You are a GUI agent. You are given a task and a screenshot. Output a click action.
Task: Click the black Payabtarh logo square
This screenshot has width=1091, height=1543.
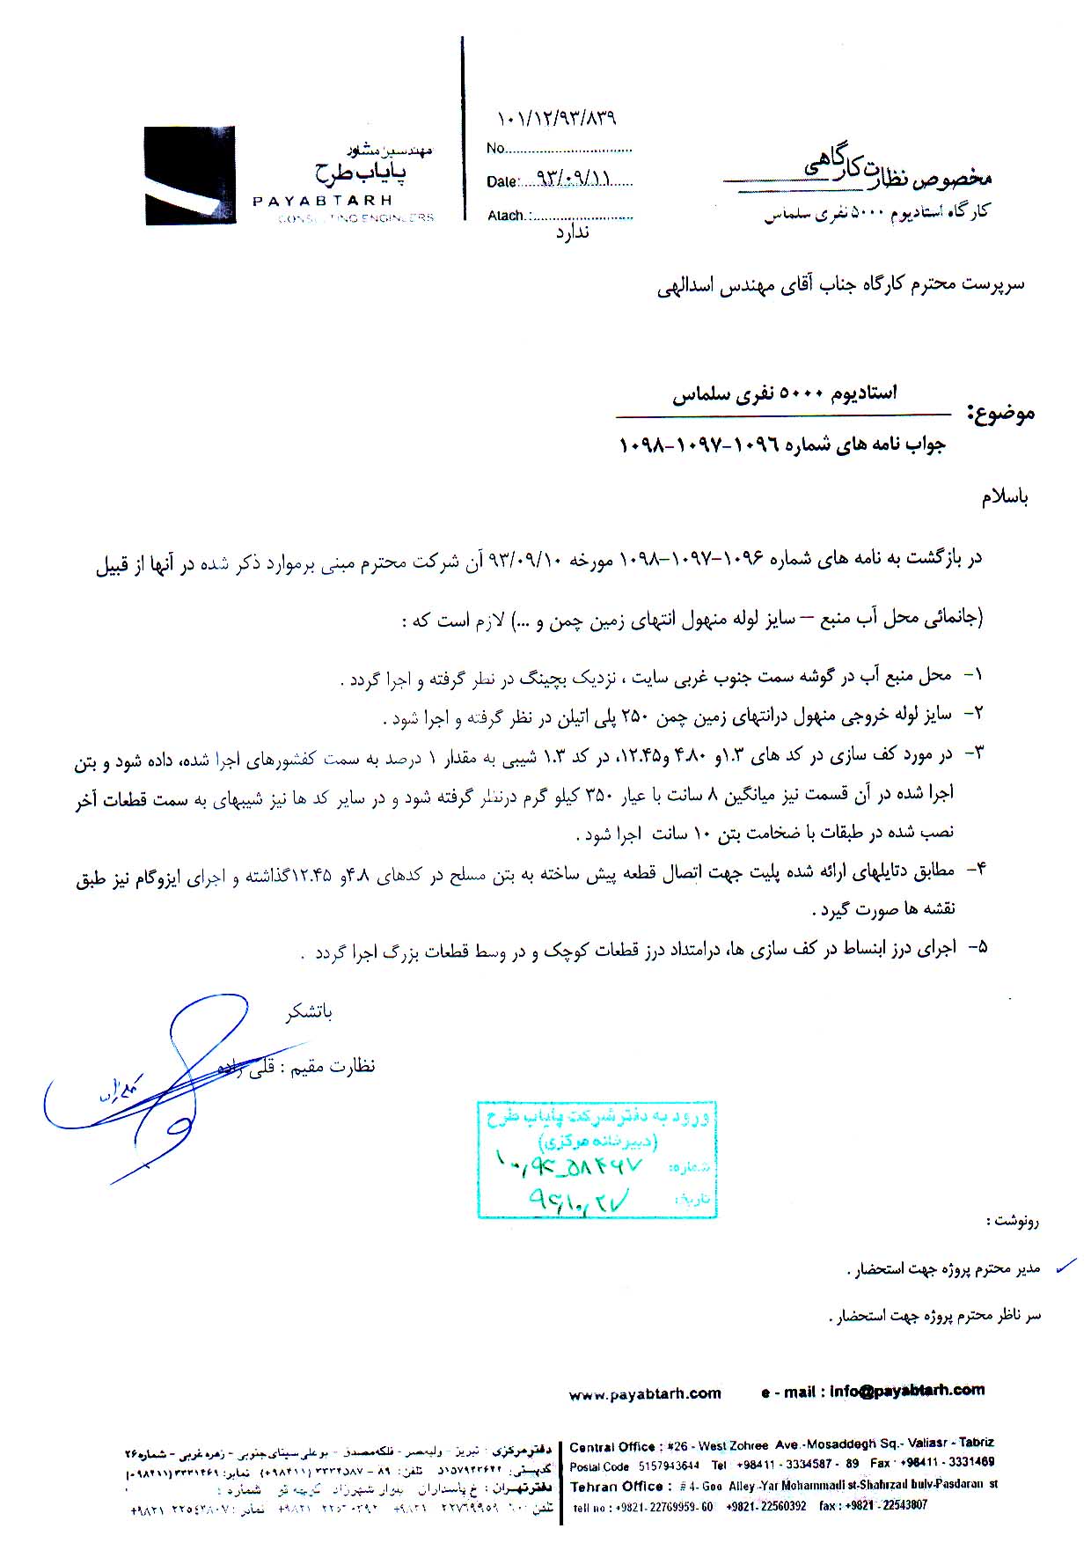pyautogui.click(x=190, y=175)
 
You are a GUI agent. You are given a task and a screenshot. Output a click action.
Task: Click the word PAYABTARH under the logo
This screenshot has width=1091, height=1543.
pyautogui.click(x=322, y=201)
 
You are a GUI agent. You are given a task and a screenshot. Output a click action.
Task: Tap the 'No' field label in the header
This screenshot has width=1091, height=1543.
pyautogui.click(x=495, y=149)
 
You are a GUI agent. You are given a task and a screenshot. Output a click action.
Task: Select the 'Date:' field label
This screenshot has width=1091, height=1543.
pyautogui.click(x=502, y=182)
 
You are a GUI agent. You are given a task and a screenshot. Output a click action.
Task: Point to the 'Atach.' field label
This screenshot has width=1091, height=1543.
pyautogui.click(x=507, y=216)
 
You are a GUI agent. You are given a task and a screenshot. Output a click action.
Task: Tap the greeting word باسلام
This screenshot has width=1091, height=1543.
pyautogui.click(x=1005, y=497)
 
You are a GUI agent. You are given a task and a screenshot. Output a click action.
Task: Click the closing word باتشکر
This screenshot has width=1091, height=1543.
pyautogui.click(x=309, y=1012)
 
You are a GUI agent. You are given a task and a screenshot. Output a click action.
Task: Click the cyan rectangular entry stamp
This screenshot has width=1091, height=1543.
pyautogui.click(x=597, y=1158)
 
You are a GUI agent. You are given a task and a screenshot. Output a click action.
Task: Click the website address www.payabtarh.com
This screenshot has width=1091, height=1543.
pyautogui.click(x=645, y=1393)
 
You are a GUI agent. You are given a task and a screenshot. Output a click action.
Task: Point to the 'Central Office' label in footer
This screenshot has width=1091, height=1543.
pyautogui.click(x=613, y=1446)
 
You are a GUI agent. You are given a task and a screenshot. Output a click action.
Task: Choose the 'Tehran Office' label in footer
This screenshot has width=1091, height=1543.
pyautogui.click(x=616, y=1487)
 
